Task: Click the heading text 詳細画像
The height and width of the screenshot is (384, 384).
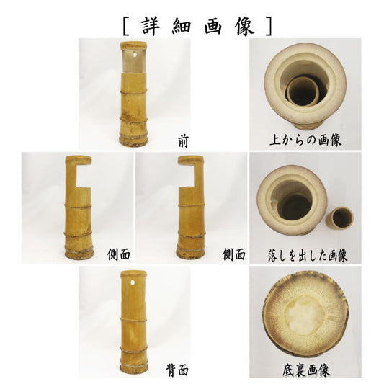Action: (x=197, y=26)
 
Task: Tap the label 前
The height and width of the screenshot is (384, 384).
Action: (x=183, y=141)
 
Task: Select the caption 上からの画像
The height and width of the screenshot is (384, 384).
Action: (x=305, y=140)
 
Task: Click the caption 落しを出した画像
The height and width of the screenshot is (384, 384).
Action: (x=308, y=256)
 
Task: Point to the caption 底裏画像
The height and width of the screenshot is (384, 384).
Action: (x=305, y=370)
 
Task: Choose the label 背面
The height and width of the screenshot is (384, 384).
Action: (x=177, y=370)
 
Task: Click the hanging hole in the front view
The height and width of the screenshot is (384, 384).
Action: (x=135, y=54)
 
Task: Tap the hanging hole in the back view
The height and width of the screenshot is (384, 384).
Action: (x=133, y=282)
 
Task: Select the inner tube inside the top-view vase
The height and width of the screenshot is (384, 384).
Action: (x=303, y=91)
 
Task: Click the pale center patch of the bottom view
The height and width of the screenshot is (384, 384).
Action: (x=305, y=313)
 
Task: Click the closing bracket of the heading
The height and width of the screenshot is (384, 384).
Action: (x=269, y=26)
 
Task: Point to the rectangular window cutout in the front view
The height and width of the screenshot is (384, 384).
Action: (x=133, y=61)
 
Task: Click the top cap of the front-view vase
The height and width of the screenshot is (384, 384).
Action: (x=133, y=45)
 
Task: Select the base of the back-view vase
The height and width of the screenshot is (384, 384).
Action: (x=133, y=370)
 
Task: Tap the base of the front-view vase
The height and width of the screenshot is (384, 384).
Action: (x=133, y=140)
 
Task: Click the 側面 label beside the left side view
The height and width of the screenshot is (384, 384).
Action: (x=119, y=255)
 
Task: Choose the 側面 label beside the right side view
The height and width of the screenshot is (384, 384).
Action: (x=234, y=255)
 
